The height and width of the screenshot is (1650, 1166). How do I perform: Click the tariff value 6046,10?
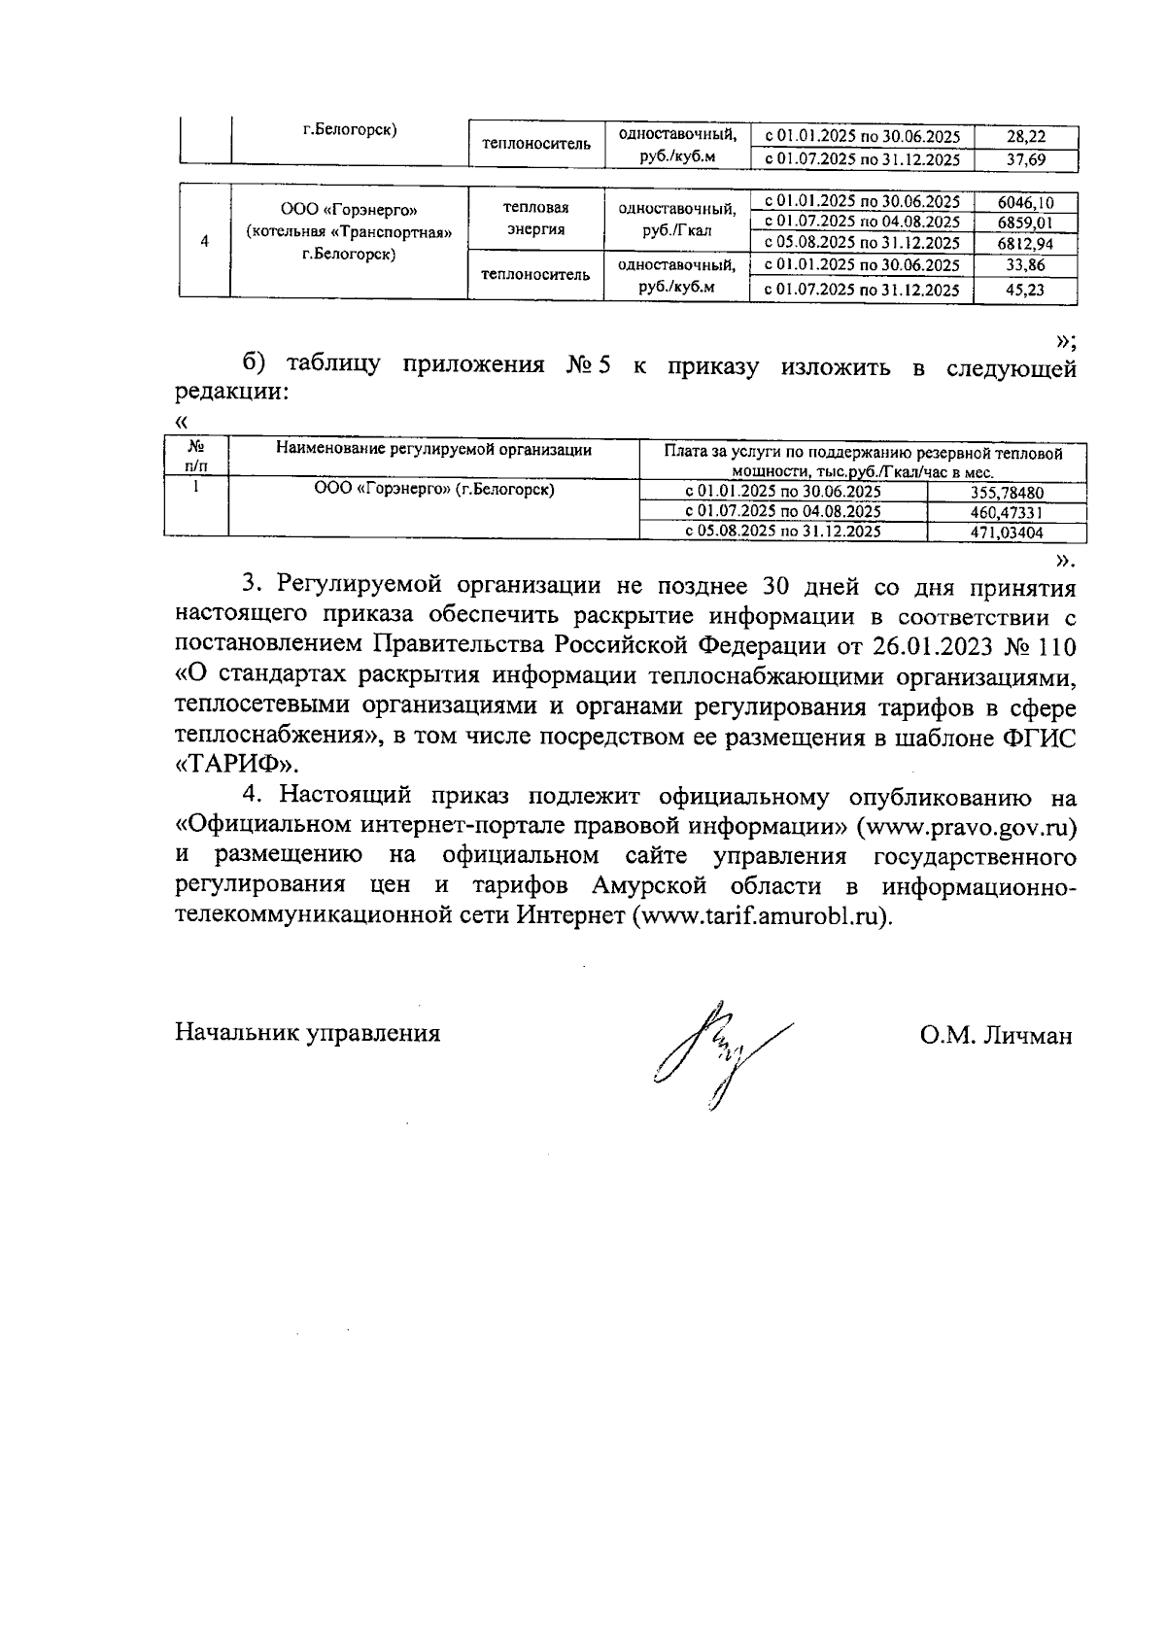pos(1024,203)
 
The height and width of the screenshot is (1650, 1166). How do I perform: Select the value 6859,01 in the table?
pos(1024,223)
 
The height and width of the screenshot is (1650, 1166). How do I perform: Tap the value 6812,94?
pos(1024,244)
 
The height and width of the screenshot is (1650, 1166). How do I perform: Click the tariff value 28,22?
pos(1025,138)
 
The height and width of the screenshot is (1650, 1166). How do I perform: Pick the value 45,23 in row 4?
pos(1024,290)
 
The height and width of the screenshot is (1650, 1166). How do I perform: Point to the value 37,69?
pos(1025,160)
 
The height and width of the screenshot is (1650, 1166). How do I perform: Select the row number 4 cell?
pos(204,242)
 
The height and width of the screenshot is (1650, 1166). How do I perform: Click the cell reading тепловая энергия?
pos(535,219)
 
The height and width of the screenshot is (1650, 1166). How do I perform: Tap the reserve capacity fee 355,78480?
pos(1007,493)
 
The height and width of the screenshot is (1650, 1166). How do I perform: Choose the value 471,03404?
pos(1007,533)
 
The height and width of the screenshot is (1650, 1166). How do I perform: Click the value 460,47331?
pos(1007,512)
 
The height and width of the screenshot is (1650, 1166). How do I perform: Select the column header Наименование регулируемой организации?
pos(433,449)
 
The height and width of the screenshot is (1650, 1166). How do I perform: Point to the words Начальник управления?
pos(307,1033)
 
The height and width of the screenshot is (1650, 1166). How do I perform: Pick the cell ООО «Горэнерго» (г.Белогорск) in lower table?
pos(433,490)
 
